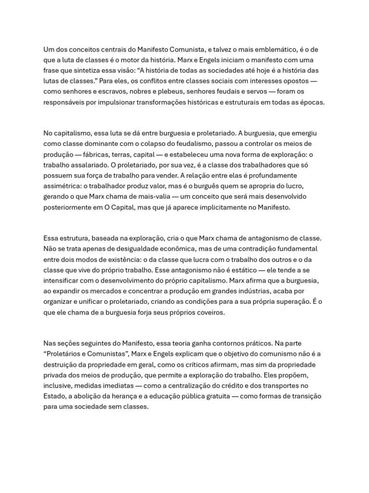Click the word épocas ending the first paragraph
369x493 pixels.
point(313,102)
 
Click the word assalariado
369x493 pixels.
point(87,165)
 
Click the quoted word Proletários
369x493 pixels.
point(65,353)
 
